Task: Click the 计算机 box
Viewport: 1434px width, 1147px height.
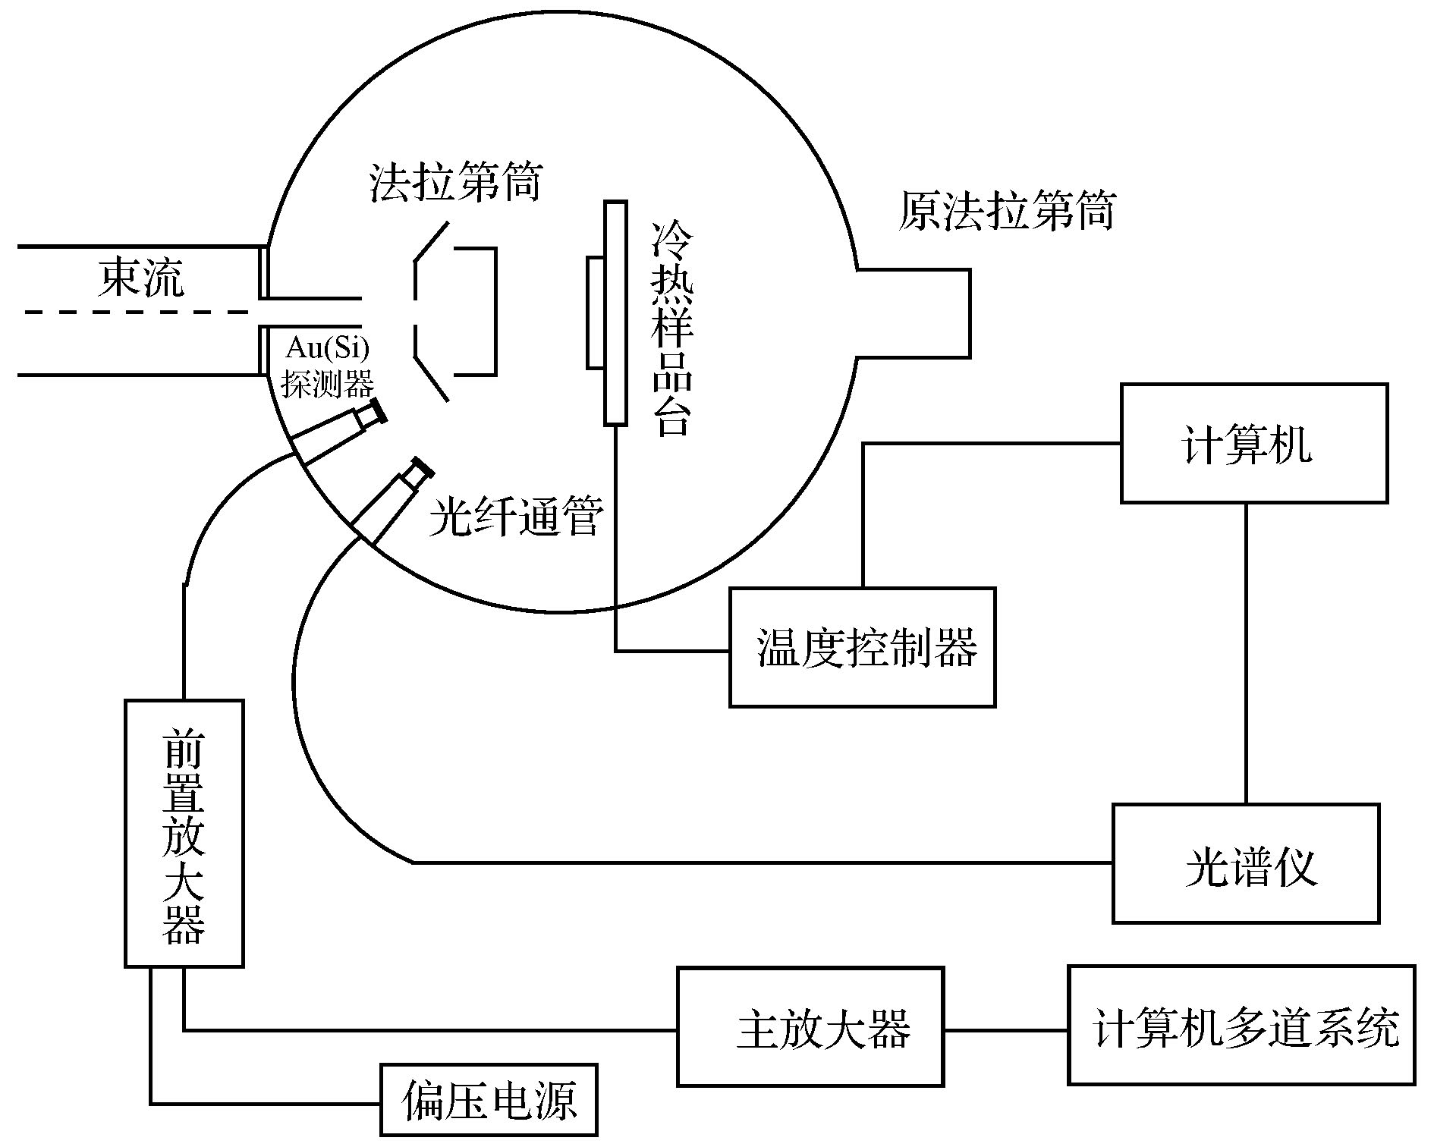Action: tap(1253, 444)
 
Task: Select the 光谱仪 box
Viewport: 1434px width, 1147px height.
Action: tap(1245, 863)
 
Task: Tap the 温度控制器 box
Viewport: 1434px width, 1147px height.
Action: tap(862, 647)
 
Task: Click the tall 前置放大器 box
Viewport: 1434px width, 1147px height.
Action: tap(184, 833)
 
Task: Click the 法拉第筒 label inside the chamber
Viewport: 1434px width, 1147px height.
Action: tap(455, 182)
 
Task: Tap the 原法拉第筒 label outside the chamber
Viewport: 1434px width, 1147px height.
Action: tap(1007, 210)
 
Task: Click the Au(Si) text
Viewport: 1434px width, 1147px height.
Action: tap(327, 350)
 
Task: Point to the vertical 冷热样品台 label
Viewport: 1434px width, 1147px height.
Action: tap(673, 328)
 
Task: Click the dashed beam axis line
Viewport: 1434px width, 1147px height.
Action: tap(137, 312)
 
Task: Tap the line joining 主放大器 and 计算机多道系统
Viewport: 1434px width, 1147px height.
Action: tap(1006, 1030)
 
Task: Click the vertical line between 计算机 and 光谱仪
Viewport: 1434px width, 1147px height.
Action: tap(1246, 652)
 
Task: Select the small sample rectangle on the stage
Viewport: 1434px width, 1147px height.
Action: tap(596, 313)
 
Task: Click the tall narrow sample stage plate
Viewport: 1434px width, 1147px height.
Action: tap(615, 313)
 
